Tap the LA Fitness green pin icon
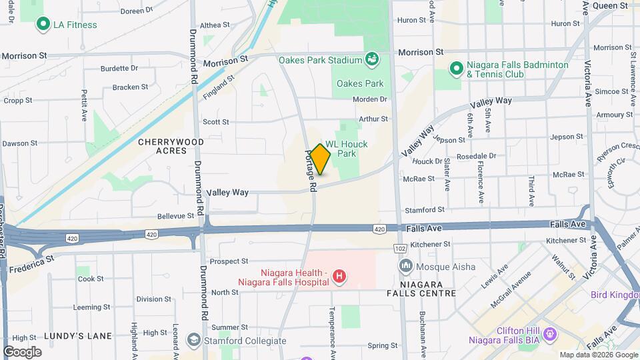(x=44, y=25)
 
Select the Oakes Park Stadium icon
(x=372, y=60)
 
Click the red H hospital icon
(x=339, y=276)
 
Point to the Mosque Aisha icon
(x=405, y=267)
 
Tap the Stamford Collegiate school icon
(x=193, y=340)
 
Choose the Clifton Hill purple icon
(x=550, y=333)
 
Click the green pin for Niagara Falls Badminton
(x=456, y=69)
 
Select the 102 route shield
(x=400, y=248)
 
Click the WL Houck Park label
(x=346, y=149)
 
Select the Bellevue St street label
(x=175, y=216)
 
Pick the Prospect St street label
(x=229, y=261)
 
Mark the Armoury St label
(x=609, y=115)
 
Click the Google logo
(x=22, y=351)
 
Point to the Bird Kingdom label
(x=615, y=295)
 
